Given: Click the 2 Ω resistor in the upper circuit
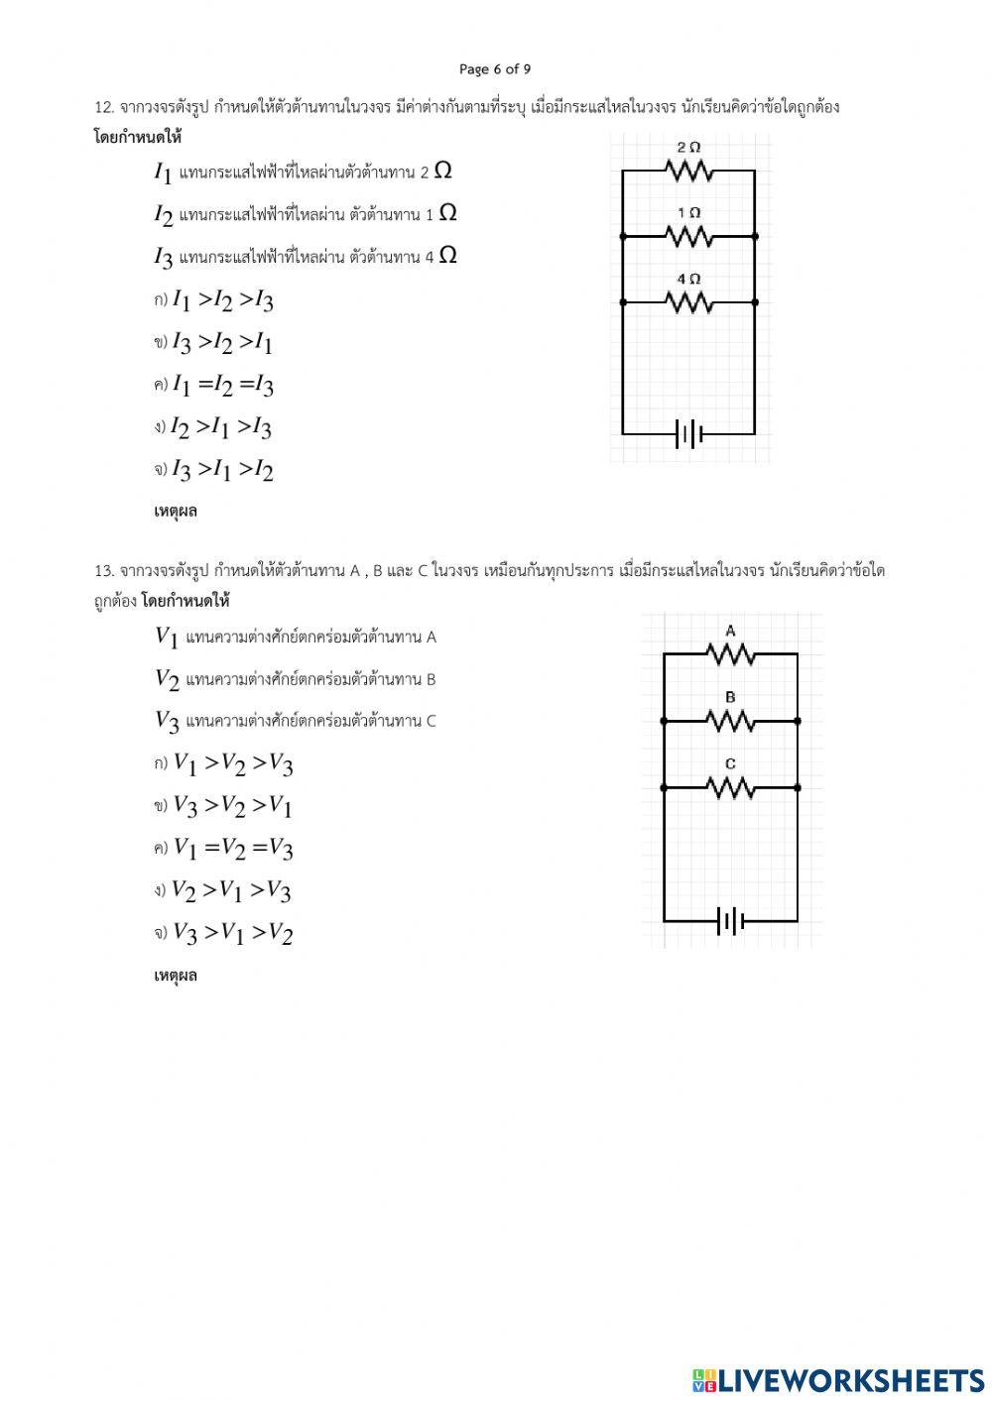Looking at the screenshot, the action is pos(689,171).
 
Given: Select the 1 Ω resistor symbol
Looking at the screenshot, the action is pos(689,236).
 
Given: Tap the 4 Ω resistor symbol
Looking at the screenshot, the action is pos(689,301).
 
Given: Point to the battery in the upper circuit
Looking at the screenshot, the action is pos(689,433).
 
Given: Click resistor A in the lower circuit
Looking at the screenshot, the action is pos(731,654).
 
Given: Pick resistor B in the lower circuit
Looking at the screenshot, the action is pos(731,721).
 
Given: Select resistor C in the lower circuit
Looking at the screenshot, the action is pos(731,787).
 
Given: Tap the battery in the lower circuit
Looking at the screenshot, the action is pos(731,921).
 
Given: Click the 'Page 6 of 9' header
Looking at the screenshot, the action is pos(495,68).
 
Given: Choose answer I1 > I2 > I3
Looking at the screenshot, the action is pos(222,300).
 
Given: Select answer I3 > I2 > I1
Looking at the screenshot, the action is pos(222,343).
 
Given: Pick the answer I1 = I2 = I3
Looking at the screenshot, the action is pos(222,385).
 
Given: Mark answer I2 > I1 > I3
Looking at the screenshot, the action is pos(220,427).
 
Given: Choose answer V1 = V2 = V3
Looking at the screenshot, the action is pos(233,849).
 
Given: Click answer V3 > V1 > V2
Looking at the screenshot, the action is pos(233,933).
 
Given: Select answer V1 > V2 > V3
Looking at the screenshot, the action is pos(233,763).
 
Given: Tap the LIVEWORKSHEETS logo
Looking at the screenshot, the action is pos(838,1379).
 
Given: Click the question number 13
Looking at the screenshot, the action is pos(104,571).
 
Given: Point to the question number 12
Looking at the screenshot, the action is pos(104,107).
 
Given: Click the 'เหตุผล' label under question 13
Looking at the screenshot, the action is pos(176,976).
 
